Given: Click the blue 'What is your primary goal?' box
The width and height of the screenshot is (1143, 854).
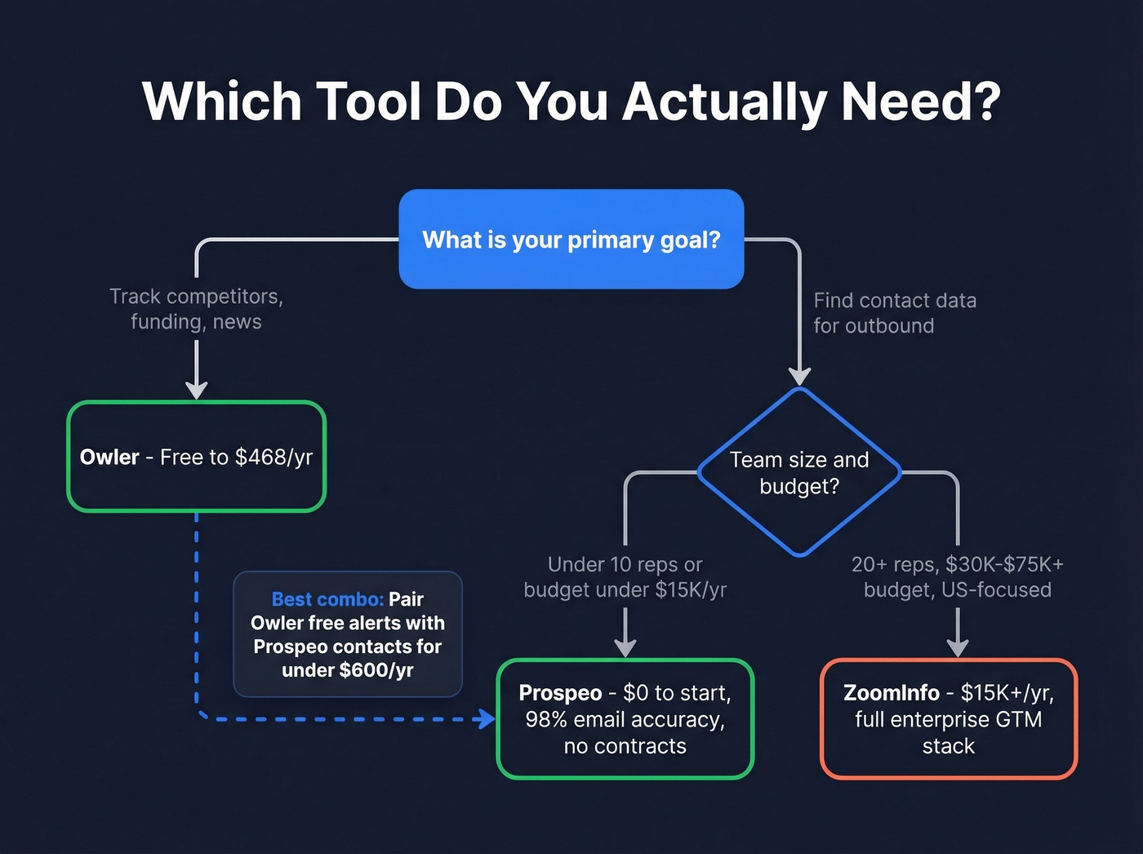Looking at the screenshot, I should [x=571, y=239].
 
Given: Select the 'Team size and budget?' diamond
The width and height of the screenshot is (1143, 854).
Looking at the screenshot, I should [x=799, y=472].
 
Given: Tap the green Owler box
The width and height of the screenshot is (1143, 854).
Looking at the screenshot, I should [x=196, y=457].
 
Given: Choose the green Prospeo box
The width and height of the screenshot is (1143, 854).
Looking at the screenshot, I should [x=625, y=719].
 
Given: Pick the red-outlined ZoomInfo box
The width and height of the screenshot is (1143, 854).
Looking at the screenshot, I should [x=948, y=719].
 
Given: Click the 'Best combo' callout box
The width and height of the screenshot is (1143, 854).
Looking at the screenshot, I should [x=348, y=634].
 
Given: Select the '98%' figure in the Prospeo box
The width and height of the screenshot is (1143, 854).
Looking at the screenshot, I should [x=546, y=719].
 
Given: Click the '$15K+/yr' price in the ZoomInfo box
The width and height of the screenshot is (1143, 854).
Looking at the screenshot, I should [x=1007, y=693].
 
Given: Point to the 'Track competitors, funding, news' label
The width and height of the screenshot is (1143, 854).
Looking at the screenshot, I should [x=196, y=309].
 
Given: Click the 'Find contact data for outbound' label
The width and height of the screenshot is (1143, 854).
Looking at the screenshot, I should [x=894, y=313].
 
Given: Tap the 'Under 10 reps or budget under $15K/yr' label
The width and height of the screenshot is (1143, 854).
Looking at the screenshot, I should [x=625, y=577].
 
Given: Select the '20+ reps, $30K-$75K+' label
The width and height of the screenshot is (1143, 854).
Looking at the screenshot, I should [x=957, y=565].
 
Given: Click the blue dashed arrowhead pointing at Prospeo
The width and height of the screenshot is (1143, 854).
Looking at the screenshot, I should [x=487, y=719].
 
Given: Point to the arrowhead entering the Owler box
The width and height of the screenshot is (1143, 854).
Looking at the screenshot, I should [x=196, y=390].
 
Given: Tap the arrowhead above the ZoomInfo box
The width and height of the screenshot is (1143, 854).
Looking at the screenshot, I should [x=957, y=647].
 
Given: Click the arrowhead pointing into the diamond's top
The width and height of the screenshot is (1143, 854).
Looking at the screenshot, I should [x=799, y=376].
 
